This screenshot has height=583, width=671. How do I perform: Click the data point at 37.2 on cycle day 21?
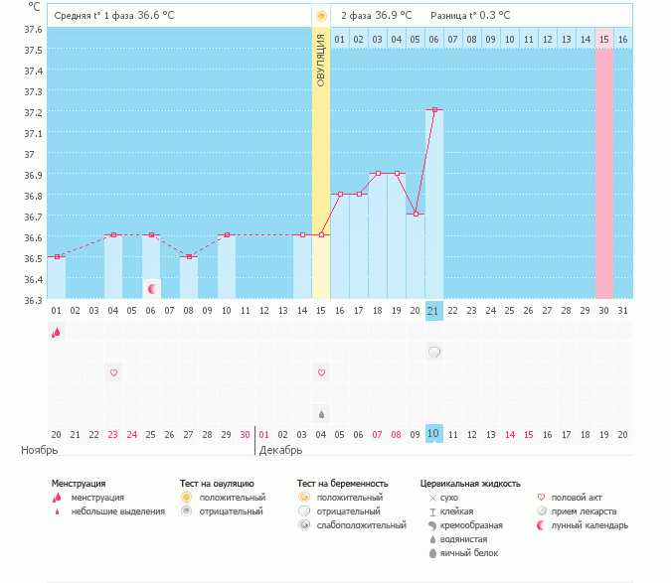point(434,109)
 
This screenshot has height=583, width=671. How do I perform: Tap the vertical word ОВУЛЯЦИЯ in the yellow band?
point(321,59)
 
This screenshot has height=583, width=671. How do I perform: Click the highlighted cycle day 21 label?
point(433,311)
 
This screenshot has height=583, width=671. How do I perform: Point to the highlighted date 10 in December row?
point(433,434)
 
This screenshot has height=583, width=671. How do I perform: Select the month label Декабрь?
point(280,450)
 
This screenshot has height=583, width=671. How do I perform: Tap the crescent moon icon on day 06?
point(152,289)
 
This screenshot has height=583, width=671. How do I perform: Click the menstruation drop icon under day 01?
point(57,333)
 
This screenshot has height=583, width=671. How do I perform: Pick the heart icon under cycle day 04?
point(113,372)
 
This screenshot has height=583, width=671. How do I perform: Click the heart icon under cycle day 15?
point(321,372)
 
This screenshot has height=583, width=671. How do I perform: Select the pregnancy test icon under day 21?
point(434,353)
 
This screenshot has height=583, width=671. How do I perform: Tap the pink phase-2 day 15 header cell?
point(603,39)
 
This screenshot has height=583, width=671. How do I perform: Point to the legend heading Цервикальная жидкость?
point(470,484)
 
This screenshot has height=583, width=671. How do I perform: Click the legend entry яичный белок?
point(470,552)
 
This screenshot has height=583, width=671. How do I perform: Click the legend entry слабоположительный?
point(351,524)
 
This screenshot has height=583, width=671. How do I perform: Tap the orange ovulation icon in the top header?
point(321,16)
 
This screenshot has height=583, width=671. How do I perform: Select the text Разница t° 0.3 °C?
point(470,16)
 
